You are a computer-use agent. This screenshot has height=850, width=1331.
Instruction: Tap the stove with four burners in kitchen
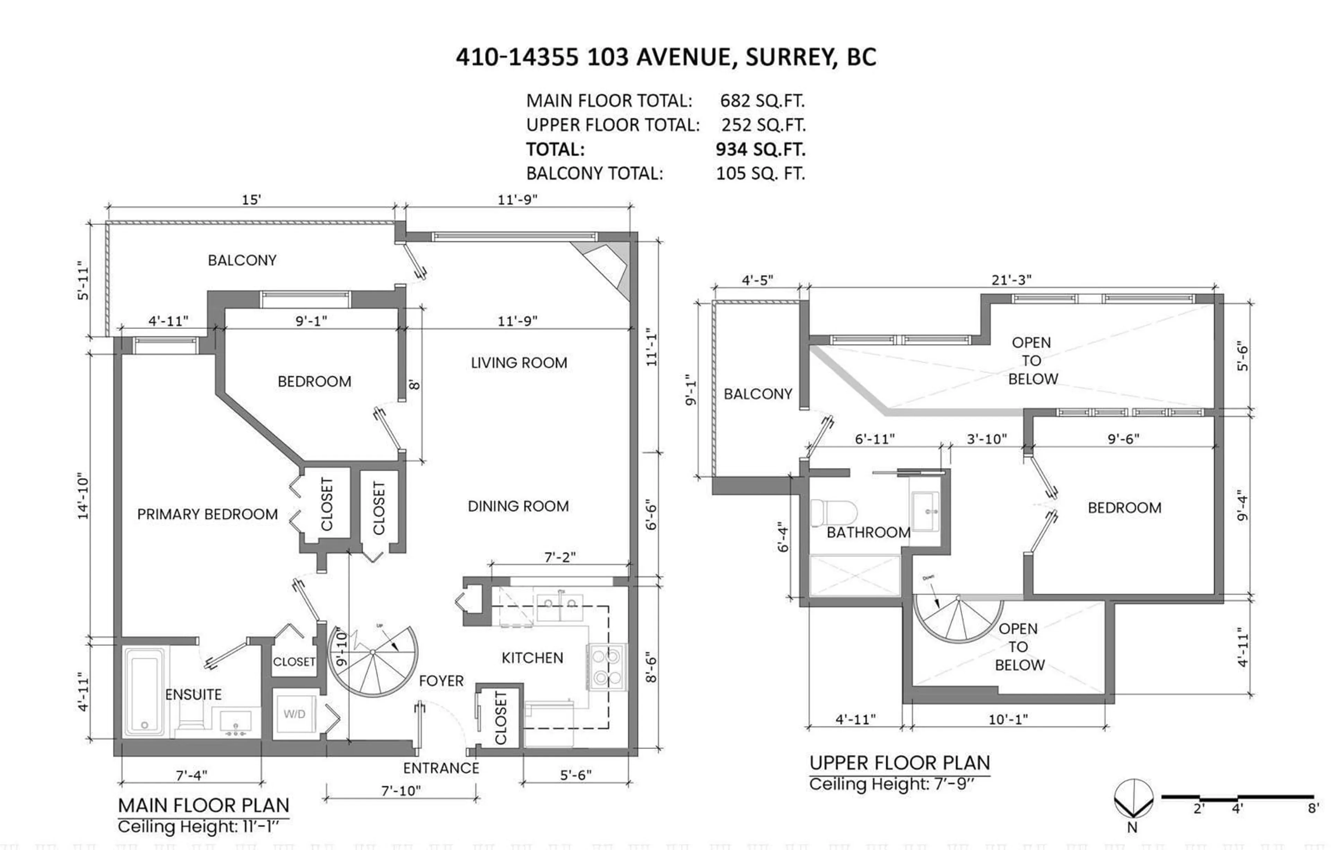pos(606,666)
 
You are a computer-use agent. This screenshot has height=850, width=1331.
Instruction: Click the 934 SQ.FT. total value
pos(760,149)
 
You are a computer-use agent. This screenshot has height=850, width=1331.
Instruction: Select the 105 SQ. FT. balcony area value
pos(760,174)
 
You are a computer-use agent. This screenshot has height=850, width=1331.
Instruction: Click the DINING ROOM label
pos(518,506)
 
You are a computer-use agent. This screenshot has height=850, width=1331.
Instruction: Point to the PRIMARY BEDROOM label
pos(207,515)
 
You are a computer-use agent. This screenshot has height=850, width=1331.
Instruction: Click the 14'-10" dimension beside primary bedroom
pos(83,496)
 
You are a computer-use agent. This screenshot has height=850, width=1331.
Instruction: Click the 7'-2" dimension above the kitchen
pos(559,557)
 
